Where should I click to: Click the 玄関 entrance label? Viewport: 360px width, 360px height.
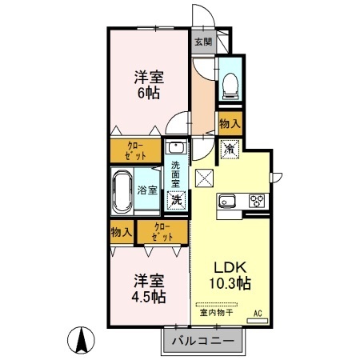click(203, 42)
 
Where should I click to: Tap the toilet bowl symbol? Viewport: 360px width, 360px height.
click(230, 86)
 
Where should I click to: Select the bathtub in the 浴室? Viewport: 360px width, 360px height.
click(122, 191)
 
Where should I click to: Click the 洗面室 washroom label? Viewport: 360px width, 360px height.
click(175, 174)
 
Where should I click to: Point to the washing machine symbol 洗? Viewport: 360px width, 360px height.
click(176, 200)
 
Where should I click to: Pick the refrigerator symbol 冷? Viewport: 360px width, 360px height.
click(230, 150)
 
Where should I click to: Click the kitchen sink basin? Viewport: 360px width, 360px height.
click(227, 201)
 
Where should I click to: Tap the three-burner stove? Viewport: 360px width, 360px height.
click(257, 201)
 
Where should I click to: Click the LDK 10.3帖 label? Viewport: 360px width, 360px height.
click(230, 275)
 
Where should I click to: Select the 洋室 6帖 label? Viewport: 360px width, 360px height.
click(149, 85)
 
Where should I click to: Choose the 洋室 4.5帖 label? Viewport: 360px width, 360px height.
click(149, 289)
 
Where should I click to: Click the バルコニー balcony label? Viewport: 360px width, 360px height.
click(203, 341)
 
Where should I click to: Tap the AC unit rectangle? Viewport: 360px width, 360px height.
click(258, 321)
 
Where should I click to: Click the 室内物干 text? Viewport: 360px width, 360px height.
click(217, 312)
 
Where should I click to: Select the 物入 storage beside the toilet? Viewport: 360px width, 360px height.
click(230, 123)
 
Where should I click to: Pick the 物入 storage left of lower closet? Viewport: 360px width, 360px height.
click(122, 232)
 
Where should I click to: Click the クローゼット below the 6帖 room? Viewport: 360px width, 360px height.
click(135, 150)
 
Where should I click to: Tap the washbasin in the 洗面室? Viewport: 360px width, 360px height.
click(176, 147)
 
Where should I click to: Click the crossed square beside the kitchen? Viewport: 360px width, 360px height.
click(204, 178)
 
